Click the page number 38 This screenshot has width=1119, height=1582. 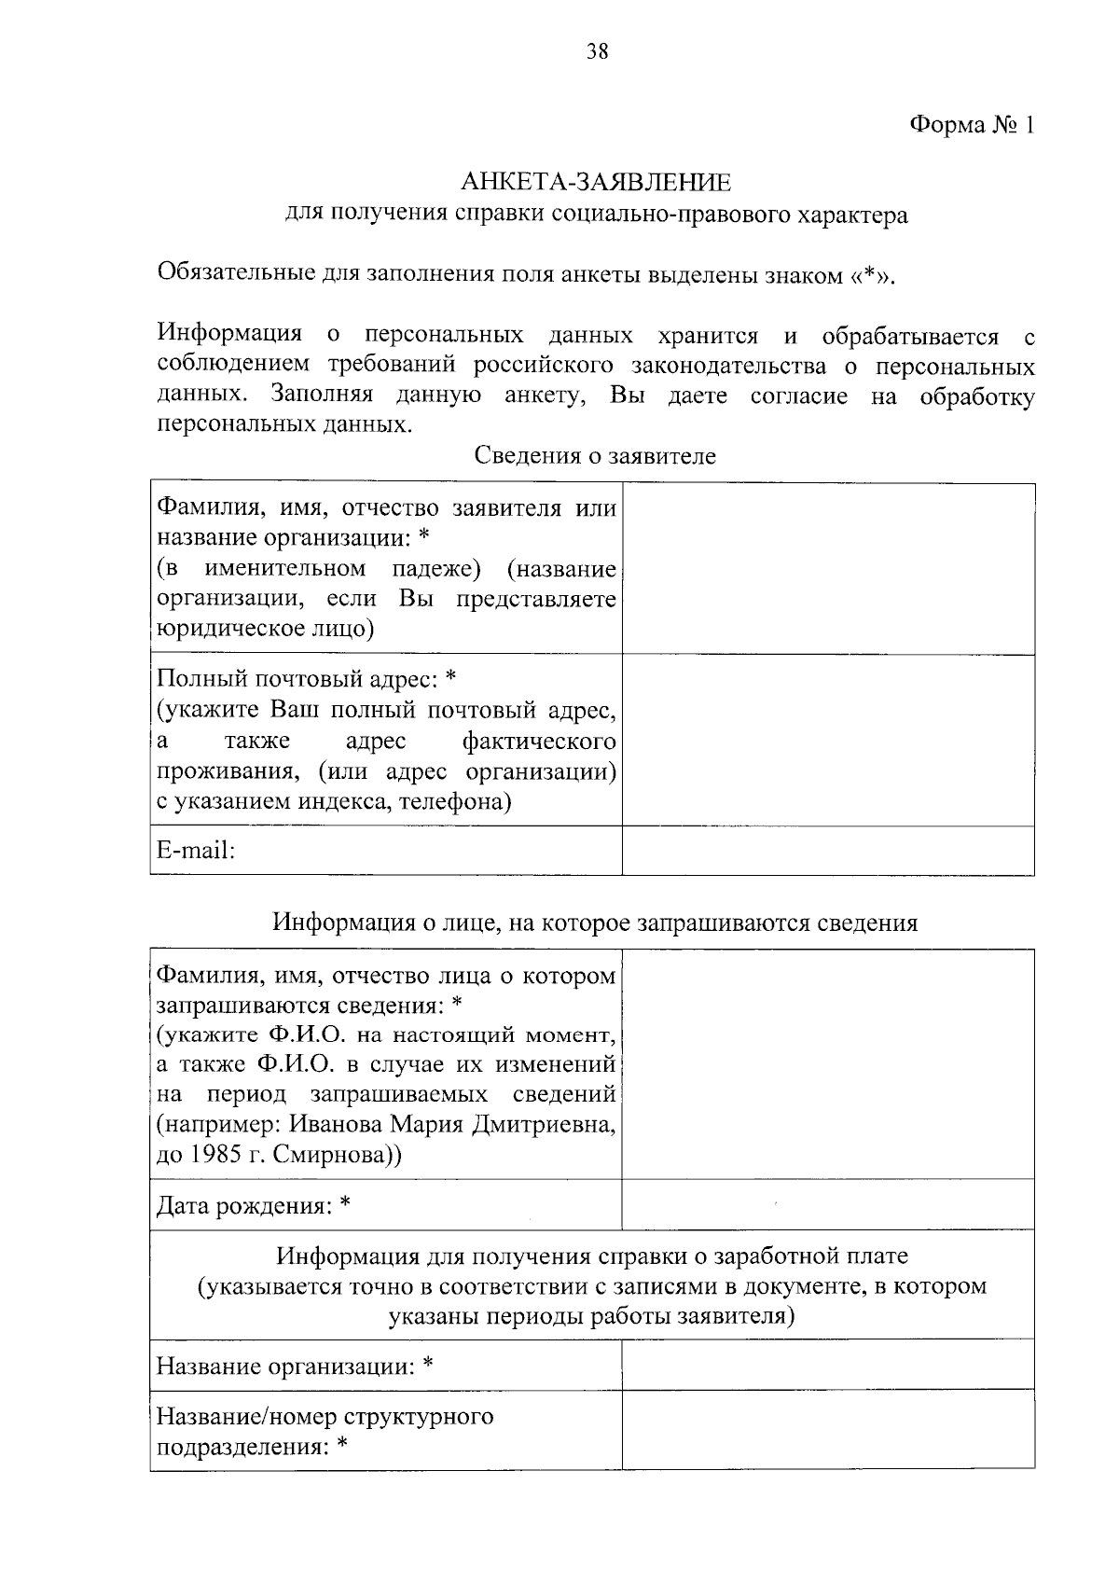pyautogui.click(x=597, y=52)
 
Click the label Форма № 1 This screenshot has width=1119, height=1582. pyautogui.click(x=971, y=125)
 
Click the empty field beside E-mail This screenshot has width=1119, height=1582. pyautogui.click(x=828, y=851)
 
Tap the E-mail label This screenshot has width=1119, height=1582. pyautogui.click(x=195, y=851)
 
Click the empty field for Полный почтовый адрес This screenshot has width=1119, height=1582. pyautogui.click(x=828, y=740)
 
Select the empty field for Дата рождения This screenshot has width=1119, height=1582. pyautogui.click(x=828, y=1205)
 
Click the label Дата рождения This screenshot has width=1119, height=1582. pyautogui.click(x=252, y=1206)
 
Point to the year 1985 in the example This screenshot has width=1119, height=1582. pyautogui.click(x=220, y=1155)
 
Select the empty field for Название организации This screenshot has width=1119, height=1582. pyautogui.click(x=828, y=1365)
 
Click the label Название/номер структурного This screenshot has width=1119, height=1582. pyautogui.click(x=325, y=1416)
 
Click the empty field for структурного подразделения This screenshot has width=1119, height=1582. pyautogui.click(x=828, y=1430)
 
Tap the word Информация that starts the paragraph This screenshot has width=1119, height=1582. pyautogui.click(x=229, y=335)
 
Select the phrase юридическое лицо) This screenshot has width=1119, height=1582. pyautogui.click(x=266, y=629)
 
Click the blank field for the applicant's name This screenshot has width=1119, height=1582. pyautogui.click(x=828, y=568)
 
